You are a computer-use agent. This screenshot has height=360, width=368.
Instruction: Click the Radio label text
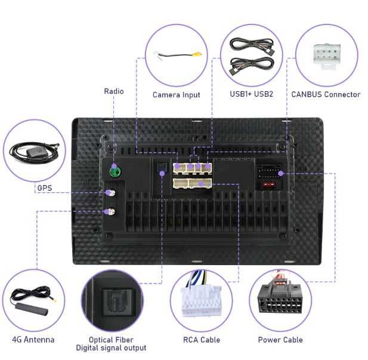click(114, 91)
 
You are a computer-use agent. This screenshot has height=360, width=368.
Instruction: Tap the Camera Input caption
click(177, 95)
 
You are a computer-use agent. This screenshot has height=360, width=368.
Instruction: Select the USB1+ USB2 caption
click(251, 94)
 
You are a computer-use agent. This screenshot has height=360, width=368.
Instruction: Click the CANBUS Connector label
click(326, 94)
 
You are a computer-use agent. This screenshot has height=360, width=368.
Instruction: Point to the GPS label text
click(45, 188)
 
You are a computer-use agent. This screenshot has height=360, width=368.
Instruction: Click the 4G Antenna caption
click(33, 340)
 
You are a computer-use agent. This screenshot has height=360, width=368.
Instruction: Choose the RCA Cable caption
click(202, 340)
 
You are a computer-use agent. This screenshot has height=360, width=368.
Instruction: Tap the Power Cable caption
click(280, 340)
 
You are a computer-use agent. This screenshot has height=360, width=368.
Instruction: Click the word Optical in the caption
click(99, 340)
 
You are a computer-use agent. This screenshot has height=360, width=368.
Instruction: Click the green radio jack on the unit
click(115, 171)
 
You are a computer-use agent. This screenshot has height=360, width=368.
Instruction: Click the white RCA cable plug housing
click(201, 301)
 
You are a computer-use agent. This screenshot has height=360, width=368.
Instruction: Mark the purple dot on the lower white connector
click(200, 183)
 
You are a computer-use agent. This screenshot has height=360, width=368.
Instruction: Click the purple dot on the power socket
click(280, 174)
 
